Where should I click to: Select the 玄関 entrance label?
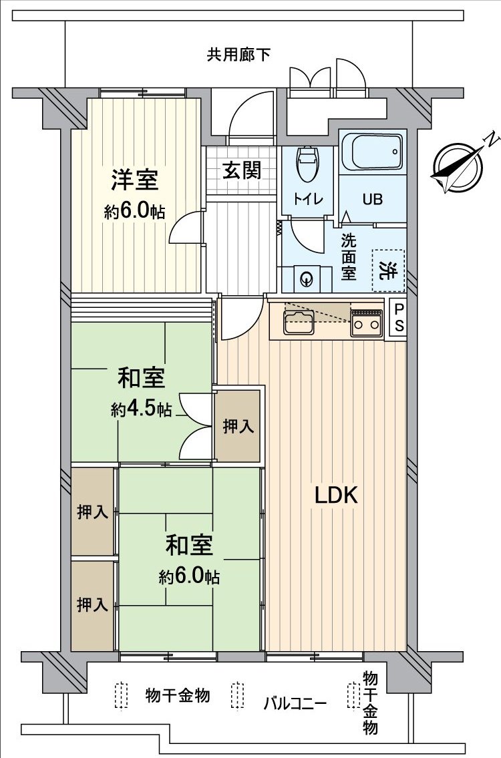click(241, 171)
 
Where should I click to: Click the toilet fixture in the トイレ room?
click(307, 164)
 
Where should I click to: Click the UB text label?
click(372, 199)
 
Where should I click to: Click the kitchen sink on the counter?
click(299, 322)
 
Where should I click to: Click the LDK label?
click(337, 496)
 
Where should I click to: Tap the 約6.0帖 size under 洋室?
click(135, 212)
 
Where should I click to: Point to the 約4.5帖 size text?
click(141, 409)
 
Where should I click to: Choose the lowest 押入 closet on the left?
click(92, 605)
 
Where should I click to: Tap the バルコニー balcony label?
click(295, 703)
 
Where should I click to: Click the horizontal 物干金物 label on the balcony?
click(177, 696)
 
